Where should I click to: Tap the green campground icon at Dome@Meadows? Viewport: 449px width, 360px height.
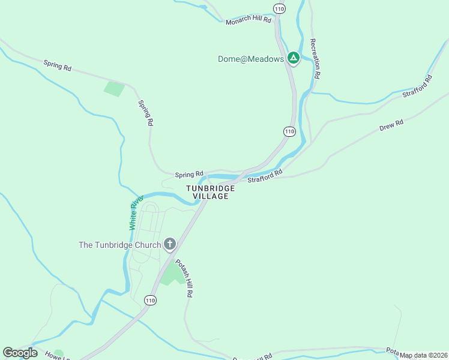pyautogui.click(x=293, y=58)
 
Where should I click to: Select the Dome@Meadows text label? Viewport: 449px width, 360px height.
pyautogui.click(x=250, y=59)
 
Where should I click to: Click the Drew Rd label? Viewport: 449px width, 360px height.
pyautogui.click(x=391, y=125)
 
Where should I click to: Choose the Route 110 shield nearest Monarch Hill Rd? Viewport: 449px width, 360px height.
pyautogui.click(x=279, y=8)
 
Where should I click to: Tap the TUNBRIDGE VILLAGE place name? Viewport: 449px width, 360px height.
pyautogui.click(x=210, y=192)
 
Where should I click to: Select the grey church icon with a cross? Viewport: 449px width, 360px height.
pyautogui.click(x=170, y=244)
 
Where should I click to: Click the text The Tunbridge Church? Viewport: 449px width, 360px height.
pyautogui.click(x=120, y=245)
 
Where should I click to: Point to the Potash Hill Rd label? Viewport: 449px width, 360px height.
pyautogui.click(x=184, y=278)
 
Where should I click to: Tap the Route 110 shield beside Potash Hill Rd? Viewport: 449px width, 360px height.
pyautogui.click(x=150, y=299)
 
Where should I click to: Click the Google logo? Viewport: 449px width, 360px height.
pyautogui.click(x=20, y=353)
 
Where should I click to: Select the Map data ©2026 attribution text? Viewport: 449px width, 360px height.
pyautogui.click(x=424, y=355)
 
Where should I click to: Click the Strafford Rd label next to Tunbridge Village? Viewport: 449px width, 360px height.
pyautogui.click(x=265, y=176)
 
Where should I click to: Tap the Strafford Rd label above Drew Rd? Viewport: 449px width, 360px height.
pyautogui.click(x=417, y=86)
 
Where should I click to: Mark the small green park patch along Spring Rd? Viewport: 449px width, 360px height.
pyautogui.click(x=114, y=89)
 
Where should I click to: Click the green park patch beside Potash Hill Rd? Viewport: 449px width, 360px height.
pyautogui.click(x=173, y=274)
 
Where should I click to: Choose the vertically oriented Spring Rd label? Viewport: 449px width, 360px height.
pyautogui.click(x=146, y=112)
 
